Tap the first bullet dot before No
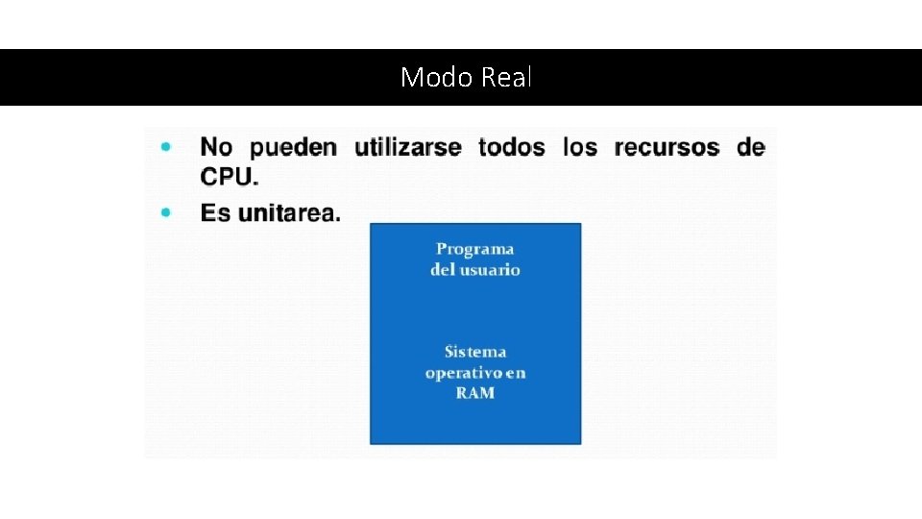pyautogui.click(x=166, y=147)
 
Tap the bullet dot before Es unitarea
pyautogui.click(x=166, y=211)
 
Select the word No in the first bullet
pyautogui.click(x=216, y=147)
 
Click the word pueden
pyautogui.click(x=293, y=147)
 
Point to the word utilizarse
pyautogui.click(x=407, y=147)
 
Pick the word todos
pyautogui.click(x=511, y=147)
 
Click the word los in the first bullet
pyautogui.click(x=579, y=147)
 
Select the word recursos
pyautogui.click(x=667, y=147)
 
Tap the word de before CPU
pyautogui.click(x=751, y=147)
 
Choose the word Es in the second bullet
pyautogui.click(x=215, y=212)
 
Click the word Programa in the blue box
pyautogui.click(x=475, y=249)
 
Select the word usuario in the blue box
pyautogui.click(x=489, y=270)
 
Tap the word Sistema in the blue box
pyautogui.click(x=475, y=352)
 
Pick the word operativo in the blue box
pyautogui.click(x=465, y=373)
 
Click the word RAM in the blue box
pyautogui.click(x=475, y=393)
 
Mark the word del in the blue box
pyautogui.click(x=443, y=270)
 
